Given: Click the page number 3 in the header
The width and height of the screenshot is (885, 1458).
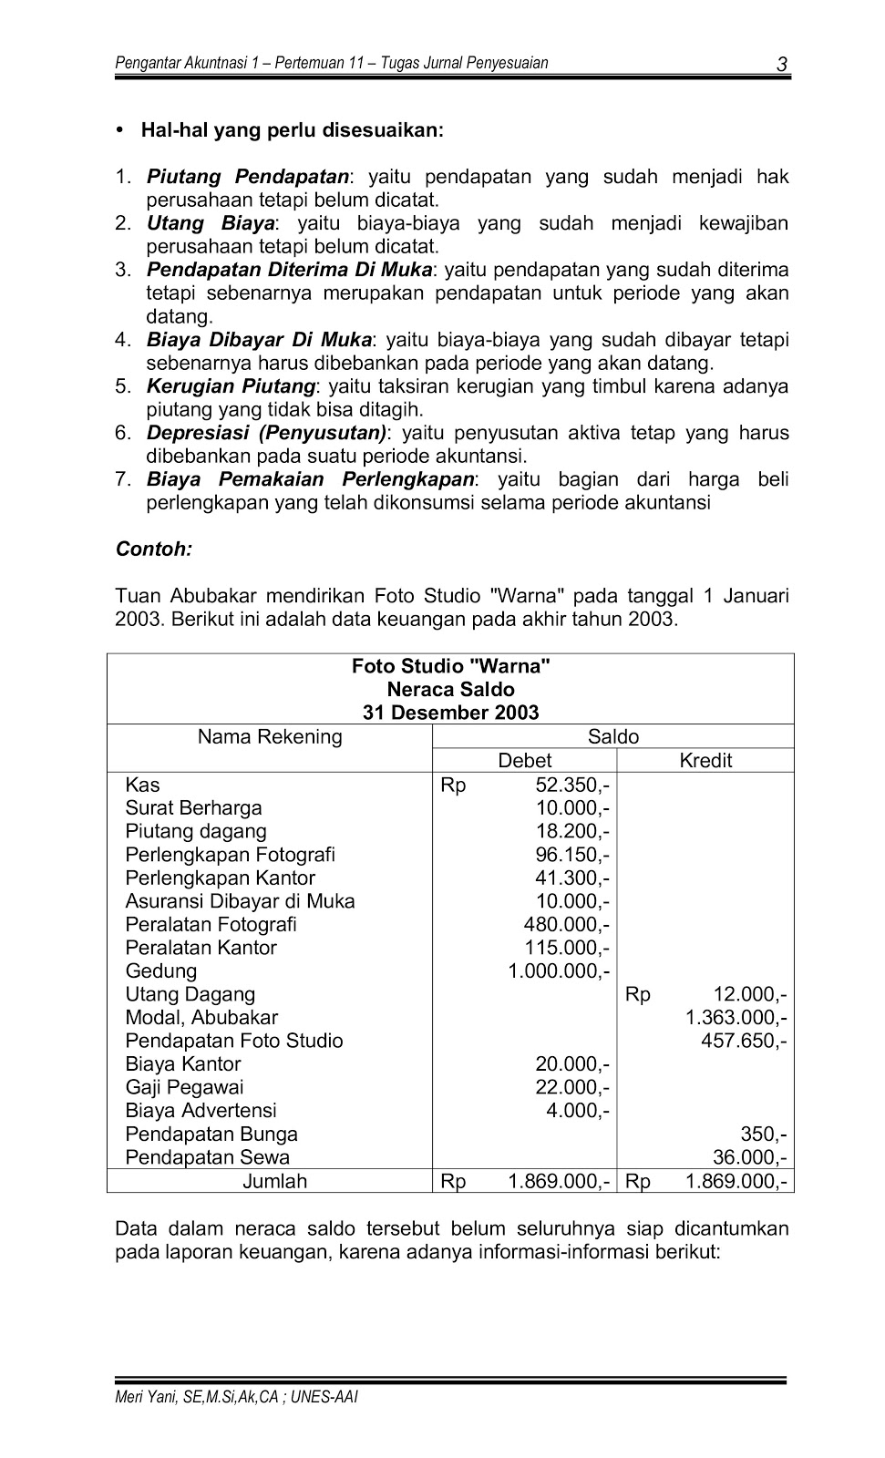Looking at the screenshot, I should (781, 65).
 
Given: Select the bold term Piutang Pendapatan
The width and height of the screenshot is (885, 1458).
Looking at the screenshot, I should (248, 177).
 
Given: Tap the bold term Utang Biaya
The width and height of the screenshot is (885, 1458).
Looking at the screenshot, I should (211, 223).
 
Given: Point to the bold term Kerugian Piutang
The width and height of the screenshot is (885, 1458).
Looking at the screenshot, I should (231, 386).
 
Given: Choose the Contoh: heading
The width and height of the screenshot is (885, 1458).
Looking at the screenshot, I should (154, 549).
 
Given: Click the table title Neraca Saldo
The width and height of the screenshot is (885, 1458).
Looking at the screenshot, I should (450, 690).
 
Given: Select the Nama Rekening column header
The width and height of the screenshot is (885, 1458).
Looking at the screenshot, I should (270, 737).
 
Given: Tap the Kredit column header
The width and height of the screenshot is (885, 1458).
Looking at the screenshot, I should (705, 761).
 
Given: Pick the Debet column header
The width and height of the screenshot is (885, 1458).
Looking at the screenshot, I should (524, 761).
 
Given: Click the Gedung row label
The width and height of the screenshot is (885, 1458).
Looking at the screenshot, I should (161, 971).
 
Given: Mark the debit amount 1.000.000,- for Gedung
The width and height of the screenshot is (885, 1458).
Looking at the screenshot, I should (559, 971).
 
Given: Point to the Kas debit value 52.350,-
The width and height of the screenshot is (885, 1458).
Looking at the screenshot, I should (573, 785).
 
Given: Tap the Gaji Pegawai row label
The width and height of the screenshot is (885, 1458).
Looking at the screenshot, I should (184, 1088).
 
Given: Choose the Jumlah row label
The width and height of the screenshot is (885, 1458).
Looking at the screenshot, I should (274, 1182).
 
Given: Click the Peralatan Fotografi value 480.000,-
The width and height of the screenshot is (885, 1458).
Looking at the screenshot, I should (567, 925).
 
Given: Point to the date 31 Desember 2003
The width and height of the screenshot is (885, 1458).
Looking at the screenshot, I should (450, 713).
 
